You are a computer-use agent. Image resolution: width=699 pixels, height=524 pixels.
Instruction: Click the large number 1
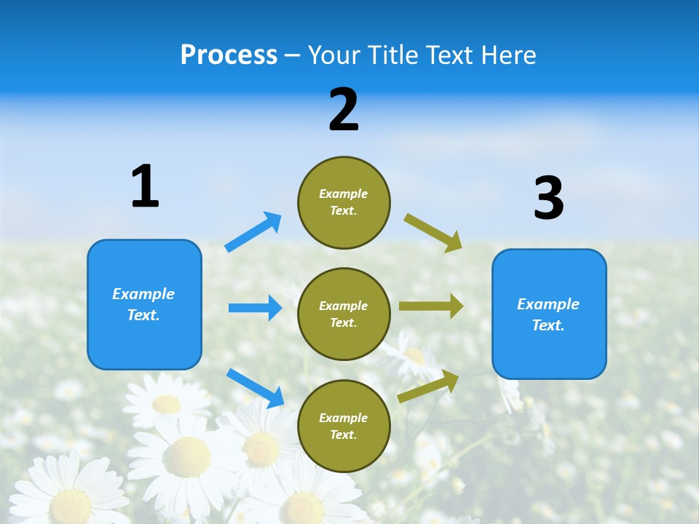(x=145, y=187)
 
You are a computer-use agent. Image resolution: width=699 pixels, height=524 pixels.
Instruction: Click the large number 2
(x=344, y=110)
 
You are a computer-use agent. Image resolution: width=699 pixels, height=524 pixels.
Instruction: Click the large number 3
(x=548, y=199)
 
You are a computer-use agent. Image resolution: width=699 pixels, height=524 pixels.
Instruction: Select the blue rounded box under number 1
(x=144, y=304)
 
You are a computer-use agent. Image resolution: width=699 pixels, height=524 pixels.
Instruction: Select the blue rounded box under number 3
(x=549, y=314)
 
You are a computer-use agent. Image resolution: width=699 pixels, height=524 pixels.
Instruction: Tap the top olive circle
(x=344, y=202)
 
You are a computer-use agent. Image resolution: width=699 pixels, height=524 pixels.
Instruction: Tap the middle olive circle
(x=344, y=314)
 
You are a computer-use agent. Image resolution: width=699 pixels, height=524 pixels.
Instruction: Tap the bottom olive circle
(x=344, y=426)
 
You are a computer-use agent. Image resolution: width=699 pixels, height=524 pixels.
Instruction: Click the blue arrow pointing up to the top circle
(x=253, y=231)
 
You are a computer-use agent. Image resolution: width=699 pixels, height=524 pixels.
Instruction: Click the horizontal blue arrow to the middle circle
(x=255, y=308)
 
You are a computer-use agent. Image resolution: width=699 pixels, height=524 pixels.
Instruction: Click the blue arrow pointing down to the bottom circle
(x=255, y=387)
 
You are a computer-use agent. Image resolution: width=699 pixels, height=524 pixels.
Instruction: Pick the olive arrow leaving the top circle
(x=433, y=232)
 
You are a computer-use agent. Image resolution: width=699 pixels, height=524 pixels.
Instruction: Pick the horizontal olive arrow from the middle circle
(x=431, y=306)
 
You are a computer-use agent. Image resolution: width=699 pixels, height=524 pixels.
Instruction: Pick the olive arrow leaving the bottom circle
(x=428, y=386)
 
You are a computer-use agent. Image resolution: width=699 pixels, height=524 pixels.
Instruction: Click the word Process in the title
(x=229, y=55)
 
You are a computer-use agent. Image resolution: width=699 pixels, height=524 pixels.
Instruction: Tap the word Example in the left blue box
(x=143, y=294)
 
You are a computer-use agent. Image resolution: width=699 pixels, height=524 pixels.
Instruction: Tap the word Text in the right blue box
(x=547, y=325)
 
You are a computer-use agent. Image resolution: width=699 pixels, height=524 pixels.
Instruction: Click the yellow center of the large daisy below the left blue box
(x=186, y=456)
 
